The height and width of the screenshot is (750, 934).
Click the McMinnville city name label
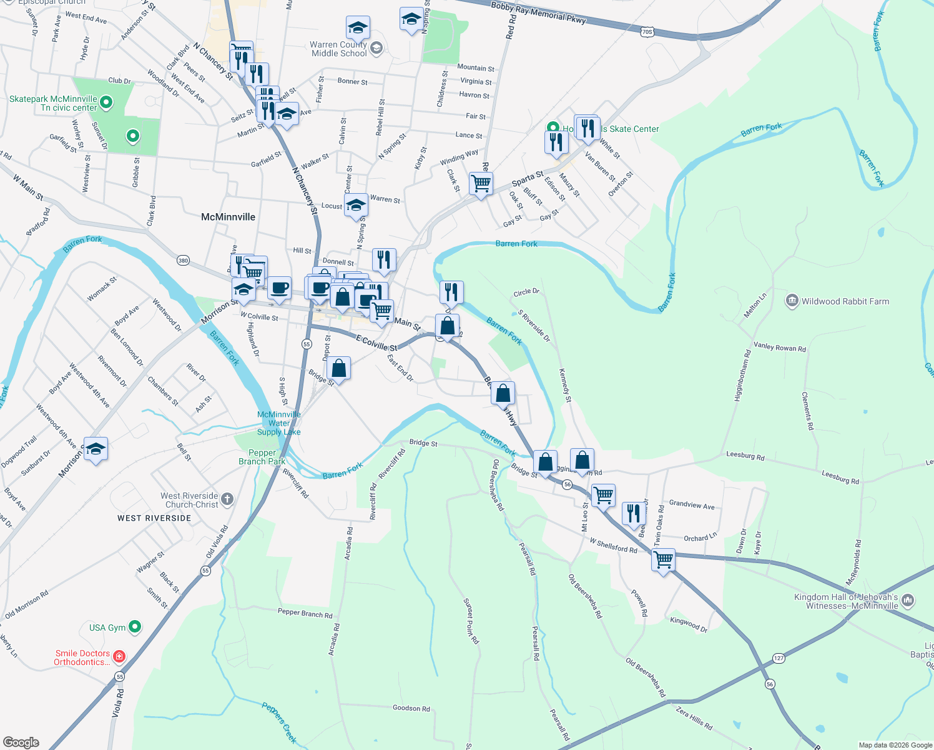pos(228,217)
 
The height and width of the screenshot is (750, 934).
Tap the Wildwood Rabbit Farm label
pos(845,301)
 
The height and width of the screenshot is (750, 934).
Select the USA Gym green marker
pos(135,627)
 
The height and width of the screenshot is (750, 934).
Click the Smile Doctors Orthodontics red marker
pos(119,657)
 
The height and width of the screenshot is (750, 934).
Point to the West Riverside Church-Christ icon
pos(227,499)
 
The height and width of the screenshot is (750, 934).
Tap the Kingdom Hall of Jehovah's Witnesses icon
pos(908,601)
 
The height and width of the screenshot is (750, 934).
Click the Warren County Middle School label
pos(338,49)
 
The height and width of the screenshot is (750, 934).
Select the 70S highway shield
pos(647,31)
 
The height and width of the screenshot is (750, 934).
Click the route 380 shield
pos(183,260)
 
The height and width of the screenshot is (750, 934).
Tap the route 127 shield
pos(779,658)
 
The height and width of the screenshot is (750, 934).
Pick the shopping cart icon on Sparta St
pos(481,184)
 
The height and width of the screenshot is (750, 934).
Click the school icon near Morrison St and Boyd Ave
pos(96,449)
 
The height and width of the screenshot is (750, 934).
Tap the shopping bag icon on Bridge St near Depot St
pos(338,369)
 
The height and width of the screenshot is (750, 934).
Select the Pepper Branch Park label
pos(262,457)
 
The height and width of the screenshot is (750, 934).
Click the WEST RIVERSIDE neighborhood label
pos(154,518)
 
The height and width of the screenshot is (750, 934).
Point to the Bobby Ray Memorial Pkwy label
pos(538,12)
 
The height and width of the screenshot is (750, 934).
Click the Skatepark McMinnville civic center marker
pos(106,102)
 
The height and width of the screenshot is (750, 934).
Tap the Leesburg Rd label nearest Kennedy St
pos(745,456)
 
